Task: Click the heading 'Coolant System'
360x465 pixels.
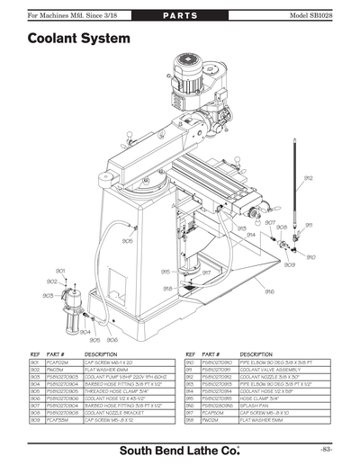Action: point(78,40)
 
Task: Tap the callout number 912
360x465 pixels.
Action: point(309,178)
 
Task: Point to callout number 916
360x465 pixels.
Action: point(269,291)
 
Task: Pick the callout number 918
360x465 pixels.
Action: point(167,288)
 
